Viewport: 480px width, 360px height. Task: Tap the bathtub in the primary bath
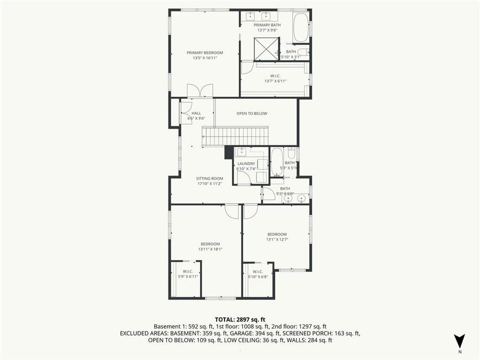coord(300,27)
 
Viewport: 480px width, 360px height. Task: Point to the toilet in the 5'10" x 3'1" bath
coord(302,52)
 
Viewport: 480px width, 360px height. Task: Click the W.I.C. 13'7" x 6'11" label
coord(275,78)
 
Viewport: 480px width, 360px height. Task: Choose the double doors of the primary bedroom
coord(199,91)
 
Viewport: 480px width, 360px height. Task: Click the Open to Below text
coord(252,113)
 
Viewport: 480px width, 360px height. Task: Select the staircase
coord(235,136)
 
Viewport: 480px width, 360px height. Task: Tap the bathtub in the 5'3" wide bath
coord(277,162)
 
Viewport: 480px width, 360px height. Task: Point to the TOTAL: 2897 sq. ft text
coord(240,319)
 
